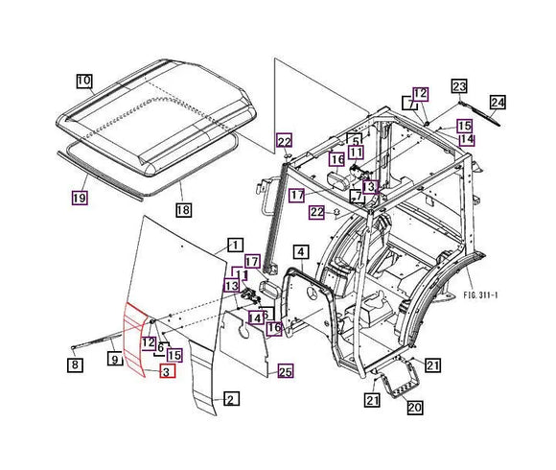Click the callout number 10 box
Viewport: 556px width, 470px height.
(x=84, y=81)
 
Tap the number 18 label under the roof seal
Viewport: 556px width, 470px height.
(x=183, y=209)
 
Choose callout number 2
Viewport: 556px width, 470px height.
(x=229, y=398)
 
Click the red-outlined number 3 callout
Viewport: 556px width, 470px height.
(x=167, y=371)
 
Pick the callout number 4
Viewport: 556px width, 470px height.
(x=300, y=253)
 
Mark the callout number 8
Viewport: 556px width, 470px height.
(x=74, y=364)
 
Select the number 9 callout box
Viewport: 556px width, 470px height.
(x=113, y=360)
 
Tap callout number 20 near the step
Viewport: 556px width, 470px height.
(x=414, y=407)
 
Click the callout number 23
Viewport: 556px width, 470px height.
(x=459, y=86)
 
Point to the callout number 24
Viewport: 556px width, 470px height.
(x=497, y=102)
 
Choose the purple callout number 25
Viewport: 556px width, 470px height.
(x=285, y=371)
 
